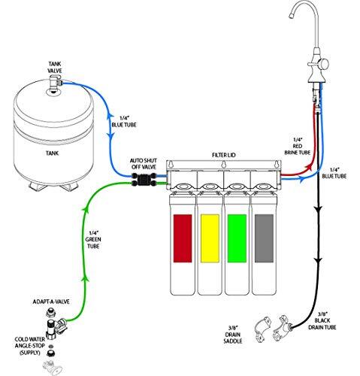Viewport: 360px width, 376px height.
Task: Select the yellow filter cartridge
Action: (210, 239)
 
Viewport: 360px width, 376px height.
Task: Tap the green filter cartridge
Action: (237, 239)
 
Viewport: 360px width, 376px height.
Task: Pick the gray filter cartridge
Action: (263, 239)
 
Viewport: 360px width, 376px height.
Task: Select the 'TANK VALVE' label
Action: (55, 68)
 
